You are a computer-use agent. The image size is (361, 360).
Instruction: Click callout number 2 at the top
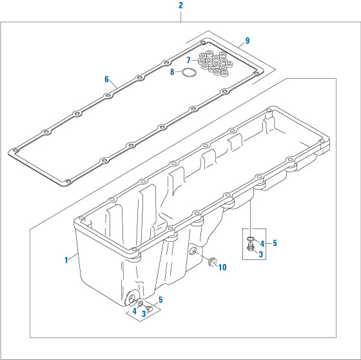click(180, 5)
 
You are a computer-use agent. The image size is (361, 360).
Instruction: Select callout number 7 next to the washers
click(188, 60)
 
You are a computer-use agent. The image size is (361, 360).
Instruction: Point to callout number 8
click(172, 72)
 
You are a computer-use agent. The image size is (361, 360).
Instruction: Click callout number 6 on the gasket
click(106, 79)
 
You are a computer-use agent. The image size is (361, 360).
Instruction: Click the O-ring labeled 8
click(188, 73)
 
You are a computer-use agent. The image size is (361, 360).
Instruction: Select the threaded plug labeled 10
click(210, 262)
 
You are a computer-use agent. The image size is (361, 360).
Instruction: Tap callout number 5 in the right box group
click(275, 243)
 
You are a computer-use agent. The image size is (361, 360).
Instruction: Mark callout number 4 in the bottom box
click(134, 311)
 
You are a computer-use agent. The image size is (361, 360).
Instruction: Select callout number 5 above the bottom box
click(161, 299)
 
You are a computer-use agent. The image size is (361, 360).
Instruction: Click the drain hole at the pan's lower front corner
click(133, 297)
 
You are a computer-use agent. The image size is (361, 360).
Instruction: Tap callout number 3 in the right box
click(260, 255)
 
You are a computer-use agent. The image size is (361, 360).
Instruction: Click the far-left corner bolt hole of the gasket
click(13, 152)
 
